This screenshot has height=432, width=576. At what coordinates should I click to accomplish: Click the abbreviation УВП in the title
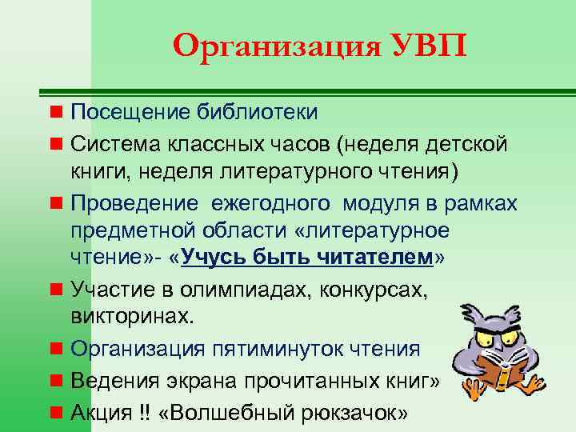coord(424,46)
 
